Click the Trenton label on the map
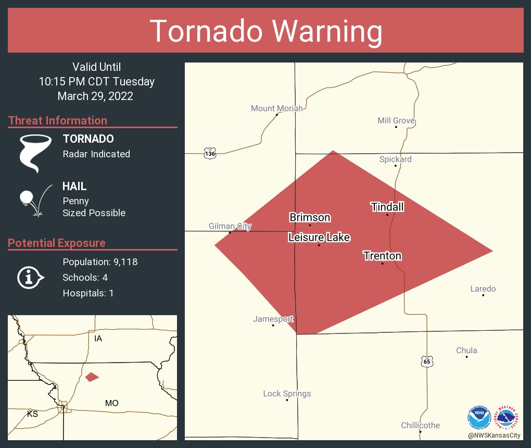click(x=382, y=256)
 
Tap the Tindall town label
click(x=387, y=207)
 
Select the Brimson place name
click(x=310, y=217)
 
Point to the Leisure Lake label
click(x=319, y=238)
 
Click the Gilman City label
click(x=230, y=226)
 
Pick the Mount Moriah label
click(x=276, y=108)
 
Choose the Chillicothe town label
click(x=420, y=426)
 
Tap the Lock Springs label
click(x=287, y=393)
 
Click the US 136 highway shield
click(x=209, y=154)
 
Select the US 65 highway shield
click(x=427, y=361)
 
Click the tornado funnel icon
click(x=35, y=153)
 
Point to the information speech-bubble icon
click(x=31, y=277)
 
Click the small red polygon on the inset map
click(x=92, y=377)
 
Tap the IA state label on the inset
click(x=98, y=339)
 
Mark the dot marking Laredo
click(x=483, y=295)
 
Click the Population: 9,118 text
click(x=100, y=262)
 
